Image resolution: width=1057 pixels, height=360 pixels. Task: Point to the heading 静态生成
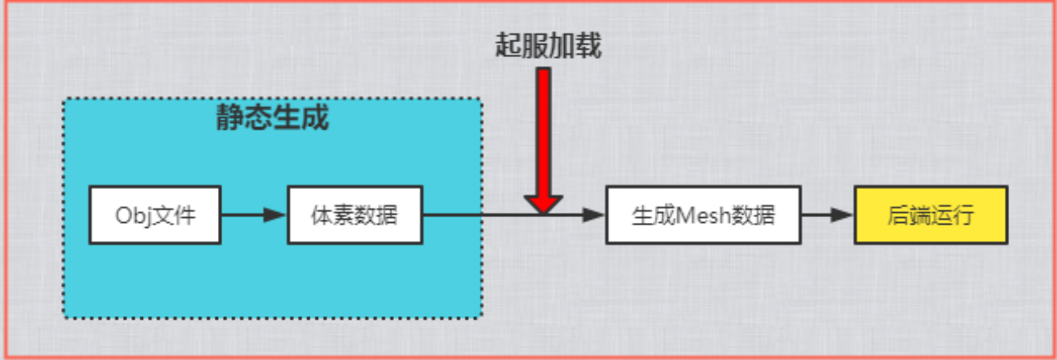[273, 118]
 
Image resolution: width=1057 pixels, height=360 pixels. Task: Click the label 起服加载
[548, 46]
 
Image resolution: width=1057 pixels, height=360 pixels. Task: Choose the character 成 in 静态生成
[315, 118]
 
